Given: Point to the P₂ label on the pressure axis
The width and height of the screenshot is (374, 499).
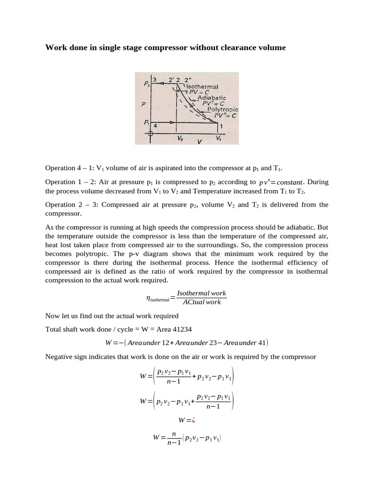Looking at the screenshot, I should [147, 84].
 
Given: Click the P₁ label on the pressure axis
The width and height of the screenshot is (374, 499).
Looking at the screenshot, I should [147, 123].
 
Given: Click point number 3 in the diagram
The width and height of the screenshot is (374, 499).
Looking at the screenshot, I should [154, 79].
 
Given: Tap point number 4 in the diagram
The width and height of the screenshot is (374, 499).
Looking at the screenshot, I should [155, 126].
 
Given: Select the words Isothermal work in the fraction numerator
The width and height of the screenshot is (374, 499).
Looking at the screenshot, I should [201, 293].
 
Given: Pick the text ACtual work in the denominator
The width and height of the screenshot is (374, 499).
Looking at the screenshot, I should [201, 302].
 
